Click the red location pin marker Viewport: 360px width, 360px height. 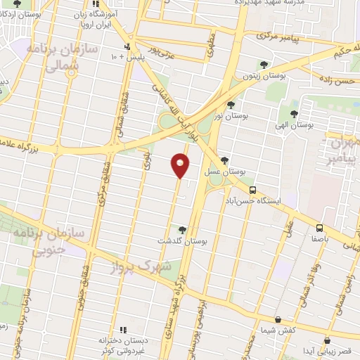click(x=181, y=165)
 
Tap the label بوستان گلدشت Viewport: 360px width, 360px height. click(x=185, y=241)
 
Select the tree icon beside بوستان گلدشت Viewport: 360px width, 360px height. click(x=182, y=229)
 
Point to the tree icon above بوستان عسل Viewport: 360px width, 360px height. click(x=224, y=160)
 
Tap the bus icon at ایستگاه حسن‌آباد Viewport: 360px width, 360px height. click(x=252, y=189)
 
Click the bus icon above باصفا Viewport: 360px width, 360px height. click(x=319, y=228)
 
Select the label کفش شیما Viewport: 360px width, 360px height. click(x=278, y=330)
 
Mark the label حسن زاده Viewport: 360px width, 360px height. click(x=338, y=82)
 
